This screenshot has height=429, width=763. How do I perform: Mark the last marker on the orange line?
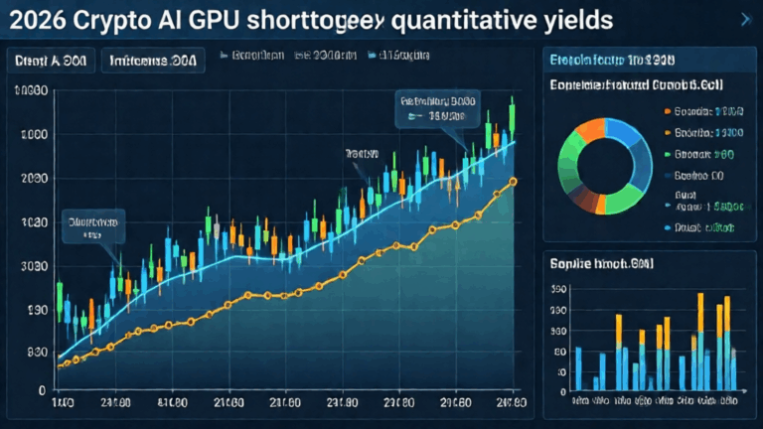click(513, 181)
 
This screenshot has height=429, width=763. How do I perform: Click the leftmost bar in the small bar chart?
click(578, 368)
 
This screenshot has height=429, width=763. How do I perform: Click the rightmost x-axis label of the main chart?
click(512, 403)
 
